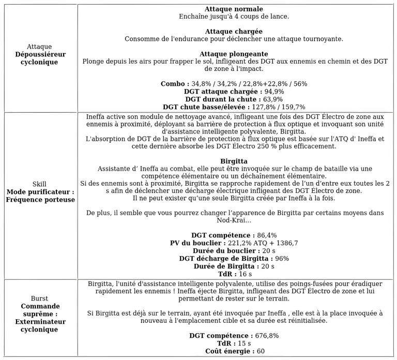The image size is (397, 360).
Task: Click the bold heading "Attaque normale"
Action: coord(234,9)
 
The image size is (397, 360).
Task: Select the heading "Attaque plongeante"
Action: coord(234,54)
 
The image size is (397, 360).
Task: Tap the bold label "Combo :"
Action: coord(175,84)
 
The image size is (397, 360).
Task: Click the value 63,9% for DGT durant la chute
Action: coord(270,99)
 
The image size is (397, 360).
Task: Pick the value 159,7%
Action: coord(292,107)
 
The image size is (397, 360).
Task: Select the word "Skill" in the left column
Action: coord(39,184)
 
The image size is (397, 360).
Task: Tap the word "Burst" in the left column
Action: coord(39,298)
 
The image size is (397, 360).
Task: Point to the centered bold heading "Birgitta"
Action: coord(234,161)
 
